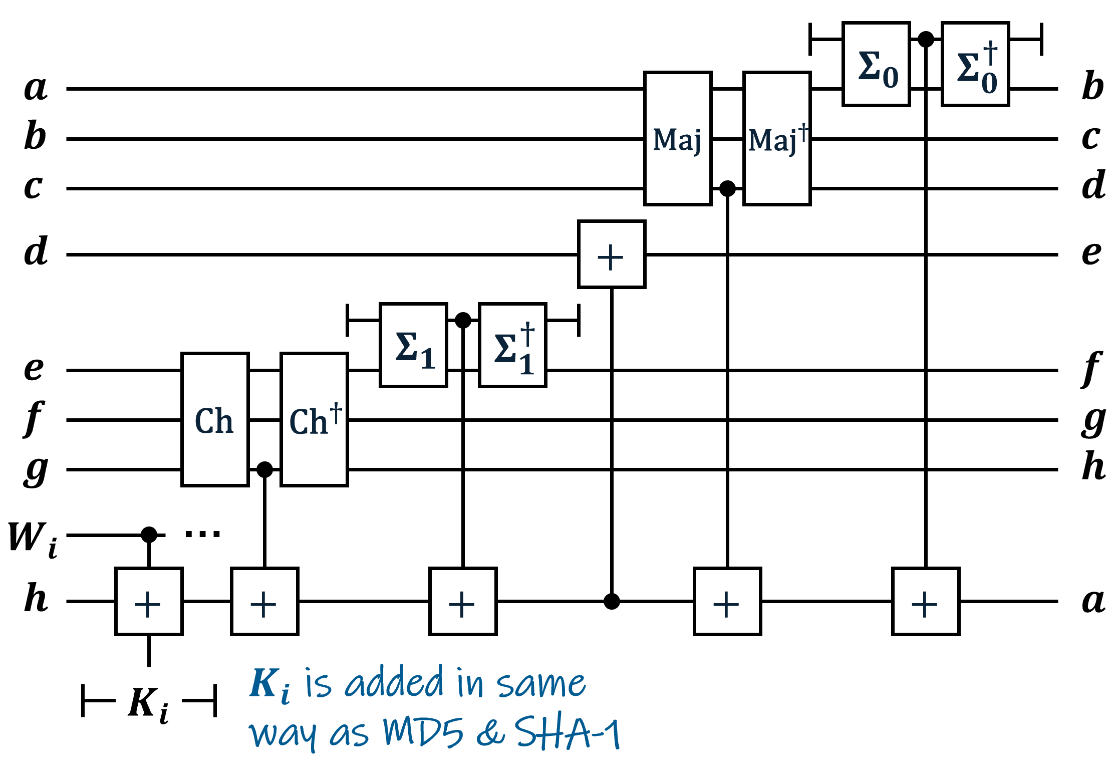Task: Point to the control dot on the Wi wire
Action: coord(149,535)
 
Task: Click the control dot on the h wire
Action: coord(612,601)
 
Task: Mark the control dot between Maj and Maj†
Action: coord(727,189)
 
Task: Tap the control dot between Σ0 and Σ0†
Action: coord(926,39)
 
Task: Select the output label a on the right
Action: coord(1093,601)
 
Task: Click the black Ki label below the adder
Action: coord(148,705)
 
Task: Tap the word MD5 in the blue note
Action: coord(423,732)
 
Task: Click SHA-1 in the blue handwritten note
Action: coord(568,732)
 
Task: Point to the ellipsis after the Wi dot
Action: coord(202,534)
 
